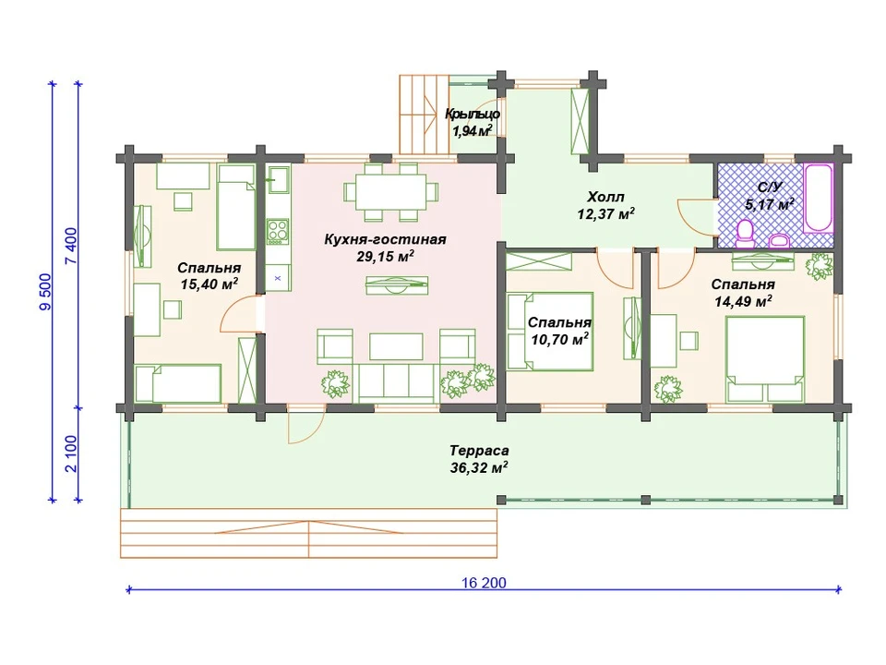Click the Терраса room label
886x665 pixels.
[479, 451]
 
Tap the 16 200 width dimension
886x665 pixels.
[484, 583]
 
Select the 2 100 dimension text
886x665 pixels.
[71, 453]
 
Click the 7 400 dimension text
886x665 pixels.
[71, 246]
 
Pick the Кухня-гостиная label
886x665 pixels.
[386, 239]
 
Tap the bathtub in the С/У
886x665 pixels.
[819, 198]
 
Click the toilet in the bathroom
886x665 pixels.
[746, 234]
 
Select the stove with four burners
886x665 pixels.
[278, 232]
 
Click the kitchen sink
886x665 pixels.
[278, 180]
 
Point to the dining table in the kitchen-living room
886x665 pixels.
[390, 192]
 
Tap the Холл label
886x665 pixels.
[605, 197]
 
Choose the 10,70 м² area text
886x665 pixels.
[560, 339]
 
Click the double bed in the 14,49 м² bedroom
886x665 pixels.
[765, 359]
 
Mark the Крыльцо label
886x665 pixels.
[473, 114]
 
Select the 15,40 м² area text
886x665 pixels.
[210, 284]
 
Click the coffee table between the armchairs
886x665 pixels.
[396, 346]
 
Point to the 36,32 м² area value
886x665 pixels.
[479, 467]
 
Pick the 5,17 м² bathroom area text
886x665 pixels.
[769, 204]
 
